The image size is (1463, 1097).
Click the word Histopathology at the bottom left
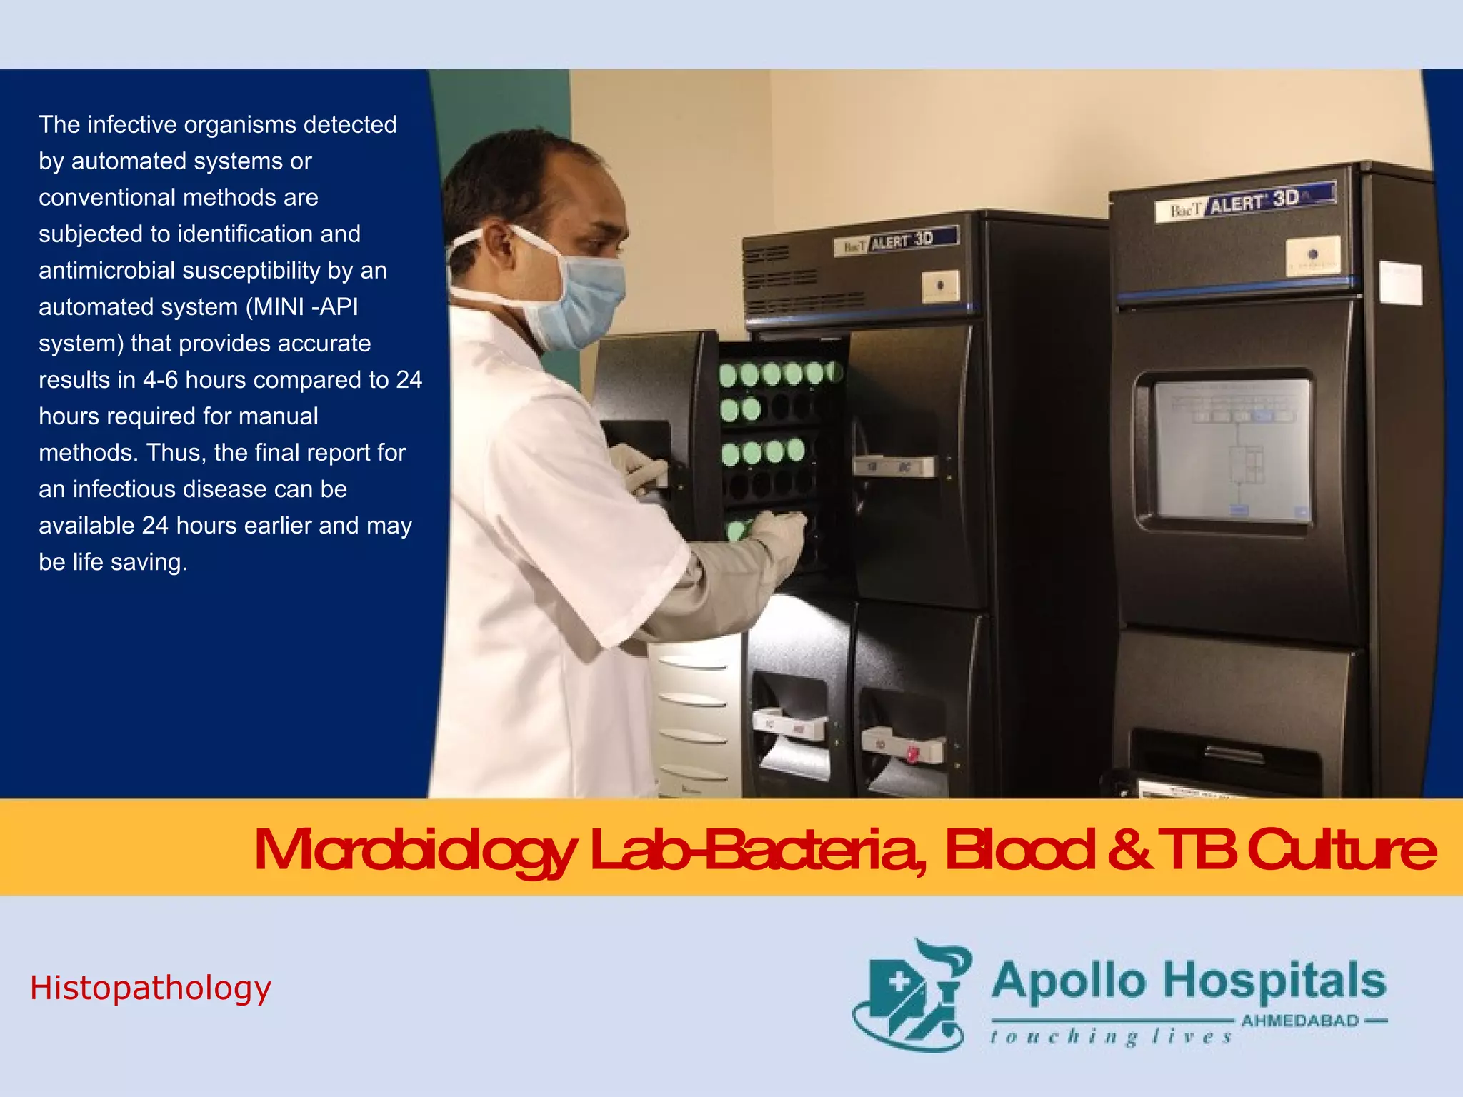[x=151, y=988]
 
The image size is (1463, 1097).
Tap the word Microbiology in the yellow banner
[x=414, y=851]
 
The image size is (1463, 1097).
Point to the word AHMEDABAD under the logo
[x=1300, y=1021]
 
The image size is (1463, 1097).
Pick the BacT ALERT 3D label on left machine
[x=896, y=241]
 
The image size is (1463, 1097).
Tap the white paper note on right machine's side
[x=1400, y=283]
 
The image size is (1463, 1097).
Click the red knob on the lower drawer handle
[x=912, y=753]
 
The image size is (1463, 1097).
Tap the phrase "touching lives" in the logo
[x=1111, y=1037]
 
